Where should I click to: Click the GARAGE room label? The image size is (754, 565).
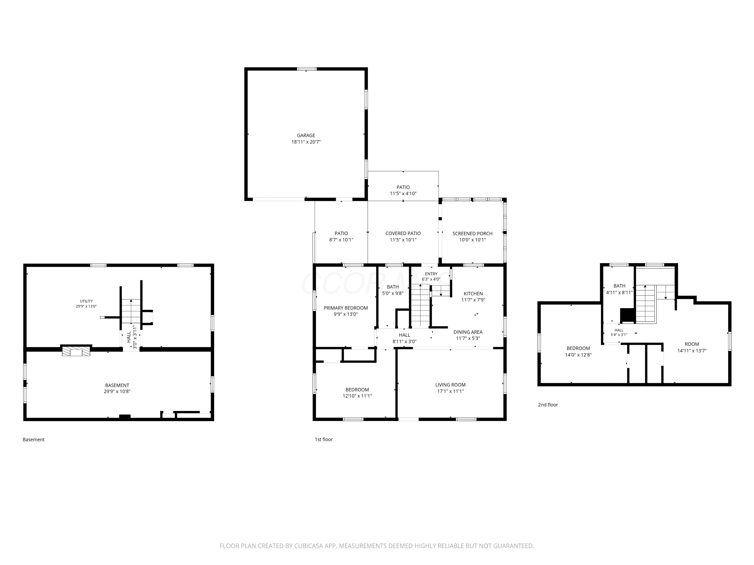pos(306,135)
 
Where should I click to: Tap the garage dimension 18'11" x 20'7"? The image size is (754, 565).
pos(306,142)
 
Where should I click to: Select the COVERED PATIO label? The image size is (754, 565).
pos(403,233)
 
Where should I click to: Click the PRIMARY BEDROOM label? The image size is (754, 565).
pos(346,308)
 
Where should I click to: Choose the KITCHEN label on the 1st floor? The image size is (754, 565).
pos(473,294)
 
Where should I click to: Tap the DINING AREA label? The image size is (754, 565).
pos(468,332)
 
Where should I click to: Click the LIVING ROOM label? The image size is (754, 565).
pos(450,385)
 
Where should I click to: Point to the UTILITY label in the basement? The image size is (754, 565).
pos(86,301)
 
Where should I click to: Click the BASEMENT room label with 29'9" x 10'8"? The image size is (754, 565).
pos(117,385)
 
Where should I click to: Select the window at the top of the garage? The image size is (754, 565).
pos(306,69)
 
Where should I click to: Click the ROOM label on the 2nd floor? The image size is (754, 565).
pos(692,344)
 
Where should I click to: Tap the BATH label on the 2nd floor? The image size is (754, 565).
pos(619,286)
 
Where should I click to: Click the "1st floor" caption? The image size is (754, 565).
pos(323,439)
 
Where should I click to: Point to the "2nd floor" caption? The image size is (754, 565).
pos(548,405)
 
